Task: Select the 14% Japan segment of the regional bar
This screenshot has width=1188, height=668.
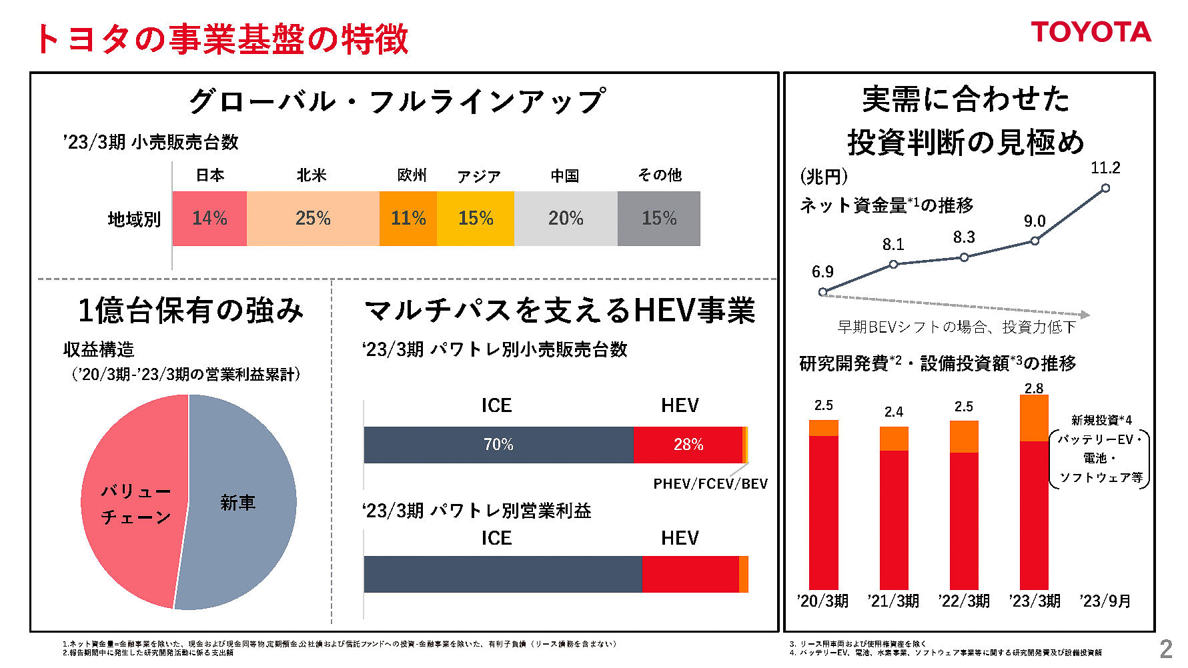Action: (209, 219)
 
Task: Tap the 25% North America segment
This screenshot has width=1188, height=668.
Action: (313, 219)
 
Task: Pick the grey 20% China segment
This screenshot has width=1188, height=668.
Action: (566, 219)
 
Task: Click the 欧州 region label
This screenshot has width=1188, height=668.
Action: (412, 175)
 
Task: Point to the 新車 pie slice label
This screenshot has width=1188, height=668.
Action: (237, 503)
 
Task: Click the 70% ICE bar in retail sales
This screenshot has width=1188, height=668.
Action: (498, 445)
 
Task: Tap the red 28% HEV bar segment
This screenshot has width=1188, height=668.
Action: (688, 445)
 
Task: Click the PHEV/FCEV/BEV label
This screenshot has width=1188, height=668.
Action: (710, 484)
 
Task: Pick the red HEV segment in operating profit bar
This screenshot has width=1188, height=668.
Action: (690, 574)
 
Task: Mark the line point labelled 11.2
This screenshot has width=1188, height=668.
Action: (1105, 188)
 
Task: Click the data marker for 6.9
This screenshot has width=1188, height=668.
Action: (822, 292)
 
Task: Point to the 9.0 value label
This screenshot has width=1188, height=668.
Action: (1035, 221)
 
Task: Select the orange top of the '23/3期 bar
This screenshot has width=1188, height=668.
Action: (1034, 418)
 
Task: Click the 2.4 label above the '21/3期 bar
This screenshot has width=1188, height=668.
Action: (893, 412)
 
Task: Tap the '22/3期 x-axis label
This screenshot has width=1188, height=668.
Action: (963, 601)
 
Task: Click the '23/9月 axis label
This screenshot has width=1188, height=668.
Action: (1105, 601)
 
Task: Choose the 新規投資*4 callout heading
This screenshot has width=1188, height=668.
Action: (1101, 420)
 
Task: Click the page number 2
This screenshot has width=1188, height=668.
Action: (1165, 649)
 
